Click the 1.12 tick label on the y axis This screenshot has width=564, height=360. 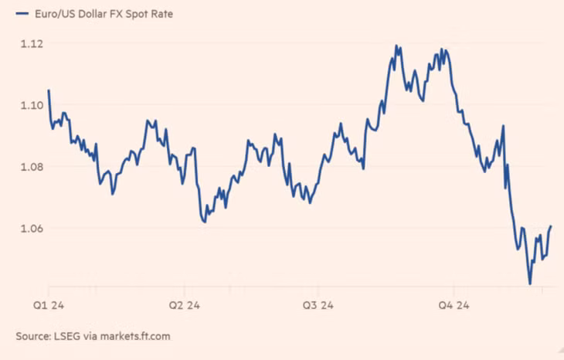[x=30, y=43]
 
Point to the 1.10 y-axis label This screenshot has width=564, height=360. [x=30, y=105]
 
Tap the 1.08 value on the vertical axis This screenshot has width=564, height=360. [x=30, y=167]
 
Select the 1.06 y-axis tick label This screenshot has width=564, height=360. [x=30, y=229]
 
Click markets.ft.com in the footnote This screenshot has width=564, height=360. [x=137, y=336]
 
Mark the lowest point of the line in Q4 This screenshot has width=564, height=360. [x=530, y=284]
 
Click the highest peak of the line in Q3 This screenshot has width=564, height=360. [x=396, y=46]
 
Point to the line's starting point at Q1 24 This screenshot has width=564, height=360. [x=49, y=91]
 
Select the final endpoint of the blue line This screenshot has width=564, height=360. [x=551, y=226]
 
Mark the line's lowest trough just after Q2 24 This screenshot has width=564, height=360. [x=205, y=222]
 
